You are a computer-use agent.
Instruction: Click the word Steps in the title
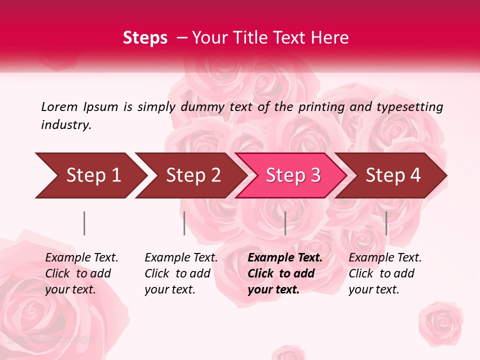[x=145, y=37]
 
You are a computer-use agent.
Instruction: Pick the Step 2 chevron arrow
[x=190, y=175]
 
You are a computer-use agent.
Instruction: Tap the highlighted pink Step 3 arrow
[x=291, y=175]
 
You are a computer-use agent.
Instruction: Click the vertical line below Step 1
[x=84, y=223]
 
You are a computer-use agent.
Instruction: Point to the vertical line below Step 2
[x=184, y=223]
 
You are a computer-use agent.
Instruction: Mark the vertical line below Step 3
[x=285, y=223]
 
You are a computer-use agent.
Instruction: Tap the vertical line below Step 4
[x=386, y=223]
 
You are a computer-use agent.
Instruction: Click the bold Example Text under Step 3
[x=285, y=258]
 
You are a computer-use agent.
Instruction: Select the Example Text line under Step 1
[x=81, y=258]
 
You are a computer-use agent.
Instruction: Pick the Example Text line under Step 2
[x=181, y=258]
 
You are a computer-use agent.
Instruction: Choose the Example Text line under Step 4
[x=385, y=258]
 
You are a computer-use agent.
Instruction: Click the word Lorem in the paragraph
[x=59, y=107]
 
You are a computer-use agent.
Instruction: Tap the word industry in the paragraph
[x=66, y=125]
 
